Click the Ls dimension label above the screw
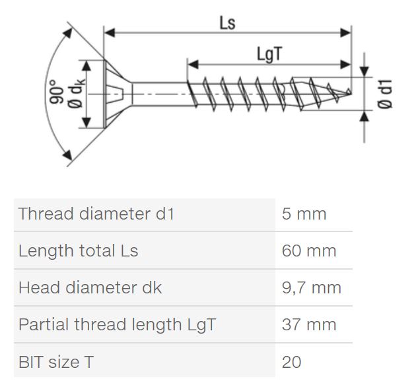227,23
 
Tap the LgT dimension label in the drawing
269,55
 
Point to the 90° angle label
56,92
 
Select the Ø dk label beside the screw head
76,94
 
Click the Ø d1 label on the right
385,94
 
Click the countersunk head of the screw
118,94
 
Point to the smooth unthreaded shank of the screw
159,94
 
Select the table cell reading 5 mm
304,214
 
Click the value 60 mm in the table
309,251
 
